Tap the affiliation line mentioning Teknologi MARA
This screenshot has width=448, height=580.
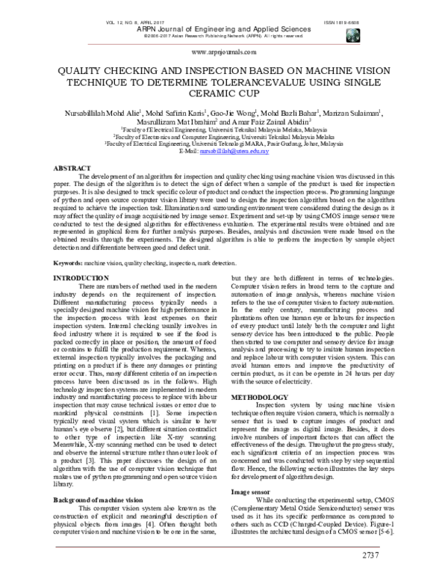coord(224,144)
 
